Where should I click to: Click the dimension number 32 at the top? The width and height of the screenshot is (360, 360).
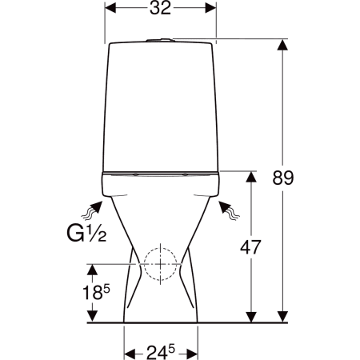click(160, 8)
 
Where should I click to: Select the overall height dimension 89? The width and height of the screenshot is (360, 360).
click(283, 178)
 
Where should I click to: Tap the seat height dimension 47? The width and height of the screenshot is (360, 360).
click(250, 247)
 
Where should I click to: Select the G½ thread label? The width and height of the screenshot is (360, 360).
click(86, 234)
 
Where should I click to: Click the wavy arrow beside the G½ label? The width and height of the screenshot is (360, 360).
click(91, 211)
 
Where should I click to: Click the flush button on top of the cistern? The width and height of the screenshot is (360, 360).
click(160, 40)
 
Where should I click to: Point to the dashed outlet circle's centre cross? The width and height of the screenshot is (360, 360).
click(160, 264)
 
